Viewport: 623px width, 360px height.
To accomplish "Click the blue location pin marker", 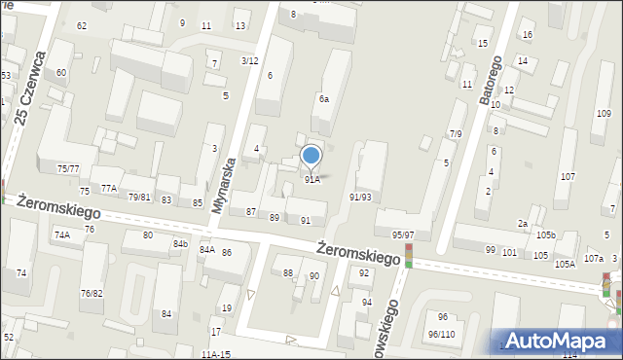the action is pos(311,156).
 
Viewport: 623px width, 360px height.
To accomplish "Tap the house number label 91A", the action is pos(311,180).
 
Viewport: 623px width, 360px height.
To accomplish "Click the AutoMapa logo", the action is pos(564,341).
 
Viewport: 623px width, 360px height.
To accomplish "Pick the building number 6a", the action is pos(323,99).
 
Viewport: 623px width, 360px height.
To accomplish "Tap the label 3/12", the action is pos(249,60).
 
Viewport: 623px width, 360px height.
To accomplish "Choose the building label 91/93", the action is pos(360,197).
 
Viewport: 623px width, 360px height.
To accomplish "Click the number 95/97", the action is pos(403,235).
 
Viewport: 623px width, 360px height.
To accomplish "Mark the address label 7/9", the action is pos(456,133).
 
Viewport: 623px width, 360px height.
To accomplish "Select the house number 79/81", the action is pos(139,198).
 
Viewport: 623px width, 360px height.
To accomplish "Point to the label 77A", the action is pos(108,189).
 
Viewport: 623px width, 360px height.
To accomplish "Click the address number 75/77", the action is pos(67,169).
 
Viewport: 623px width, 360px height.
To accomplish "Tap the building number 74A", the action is pos(62,234).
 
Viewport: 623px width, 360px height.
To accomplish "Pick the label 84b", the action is pos(180,243).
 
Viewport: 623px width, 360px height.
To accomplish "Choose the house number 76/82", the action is pos(92,293).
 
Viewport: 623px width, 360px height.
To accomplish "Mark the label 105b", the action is pos(545,235).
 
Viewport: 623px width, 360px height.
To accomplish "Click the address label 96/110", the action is pos(441,334).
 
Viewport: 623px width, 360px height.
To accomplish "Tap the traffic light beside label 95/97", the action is pos(409,255).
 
